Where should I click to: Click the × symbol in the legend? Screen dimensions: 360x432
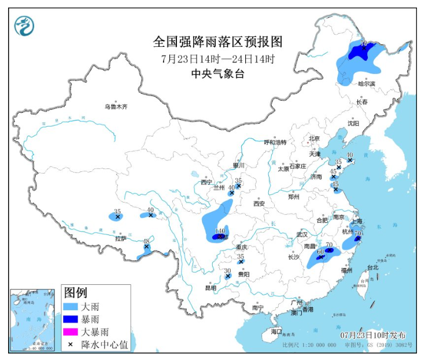(x=71, y=345)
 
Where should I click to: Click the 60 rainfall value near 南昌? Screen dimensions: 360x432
(x=320, y=252)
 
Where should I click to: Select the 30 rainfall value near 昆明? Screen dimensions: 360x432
(x=227, y=270)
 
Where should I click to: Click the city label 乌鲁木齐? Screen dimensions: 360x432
(x=115, y=106)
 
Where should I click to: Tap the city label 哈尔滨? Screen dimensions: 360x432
(x=366, y=84)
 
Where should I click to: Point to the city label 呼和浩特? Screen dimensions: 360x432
(x=275, y=142)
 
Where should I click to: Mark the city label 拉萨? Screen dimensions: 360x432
(x=120, y=238)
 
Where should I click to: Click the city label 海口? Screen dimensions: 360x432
(x=276, y=332)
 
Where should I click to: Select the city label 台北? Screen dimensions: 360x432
(x=372, y=267)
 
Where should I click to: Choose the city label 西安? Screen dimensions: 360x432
(x=258, y=204)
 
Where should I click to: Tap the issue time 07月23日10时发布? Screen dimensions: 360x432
(x=372, y=336)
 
